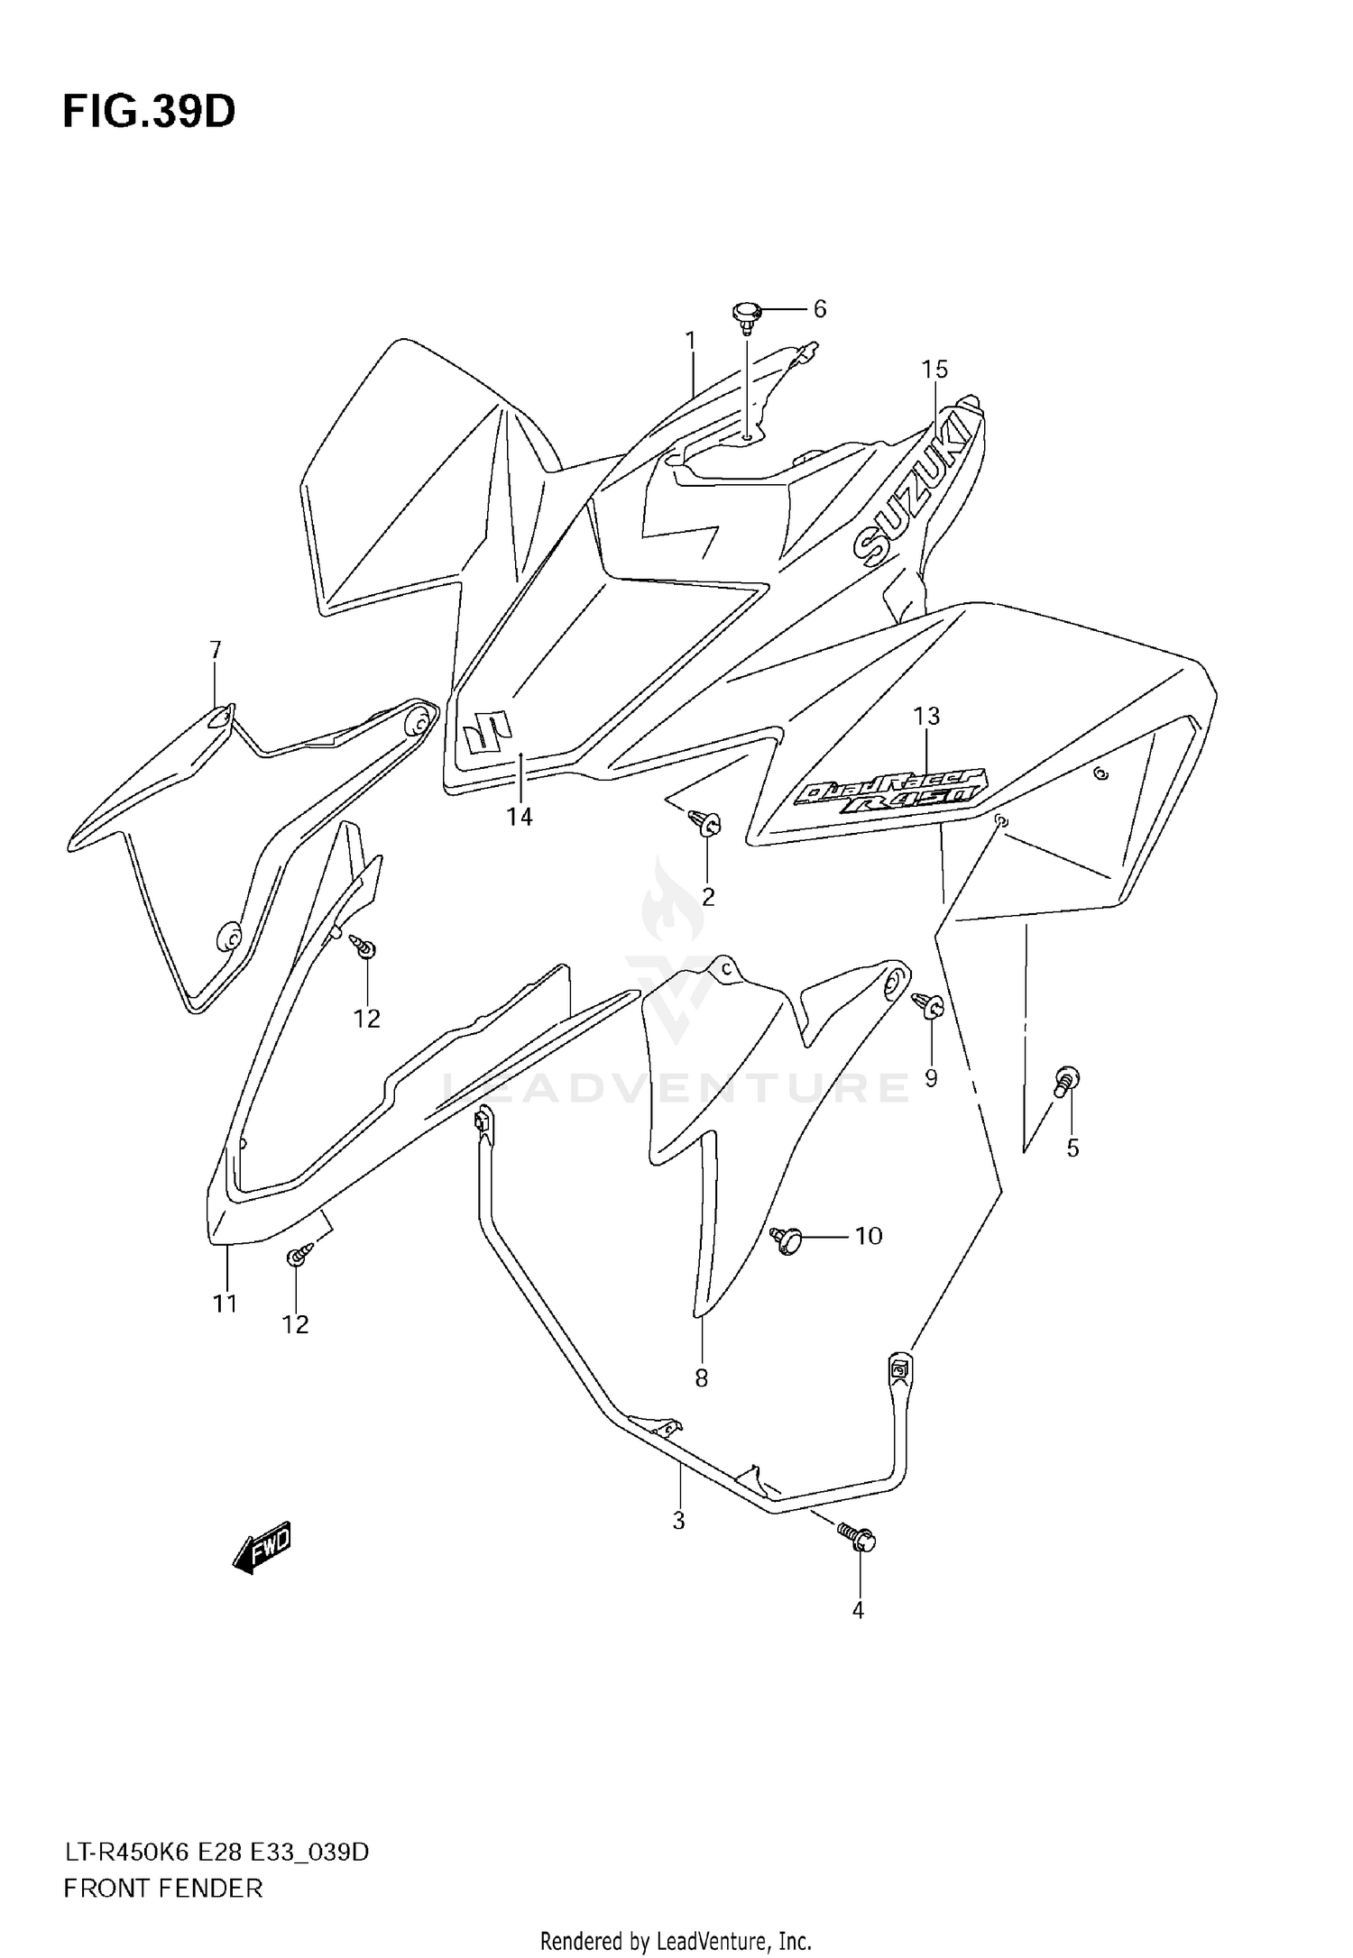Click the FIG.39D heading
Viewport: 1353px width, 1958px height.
coord(149,112)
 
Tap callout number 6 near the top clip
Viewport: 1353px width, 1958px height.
coord(819,309)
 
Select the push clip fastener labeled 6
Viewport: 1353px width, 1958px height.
coord(746,315)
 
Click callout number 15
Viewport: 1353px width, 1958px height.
coord(934,370)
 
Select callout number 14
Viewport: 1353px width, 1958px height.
coord(520,817)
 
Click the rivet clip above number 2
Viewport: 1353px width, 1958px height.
coord(704,821)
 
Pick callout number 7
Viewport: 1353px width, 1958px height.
coord(216,650)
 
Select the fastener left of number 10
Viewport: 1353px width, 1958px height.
coord(787,1240)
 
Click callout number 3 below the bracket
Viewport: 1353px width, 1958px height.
coord(679,1521)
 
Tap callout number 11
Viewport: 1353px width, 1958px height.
coord(225,1303)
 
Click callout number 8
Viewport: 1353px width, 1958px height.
coord(701,1377)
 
